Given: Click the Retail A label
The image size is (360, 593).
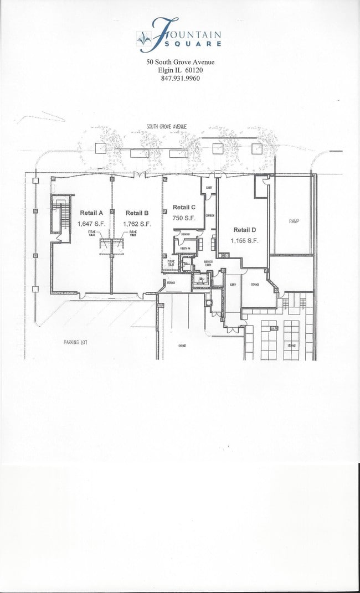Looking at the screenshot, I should tap(92, 213).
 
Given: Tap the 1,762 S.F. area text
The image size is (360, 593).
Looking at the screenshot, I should tap(137, 224).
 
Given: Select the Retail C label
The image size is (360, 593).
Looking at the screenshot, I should tap(184, 207).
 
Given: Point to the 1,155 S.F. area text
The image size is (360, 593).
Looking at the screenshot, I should tap(244, 241).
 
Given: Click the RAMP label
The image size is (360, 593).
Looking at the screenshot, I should tap(294, 221).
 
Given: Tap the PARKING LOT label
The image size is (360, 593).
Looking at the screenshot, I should tap(75, 342).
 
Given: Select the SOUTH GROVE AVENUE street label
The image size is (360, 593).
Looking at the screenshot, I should tap(166, 127).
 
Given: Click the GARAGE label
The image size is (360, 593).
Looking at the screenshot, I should tap(182, 346).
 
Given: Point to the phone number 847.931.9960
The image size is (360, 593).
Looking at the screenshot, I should tap(180, 79).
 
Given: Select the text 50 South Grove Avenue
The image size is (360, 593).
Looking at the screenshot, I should tap(180, 62).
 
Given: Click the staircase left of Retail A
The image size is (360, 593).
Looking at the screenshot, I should tap(58, 218).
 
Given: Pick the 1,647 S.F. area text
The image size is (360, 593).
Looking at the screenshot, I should tap(92, 224).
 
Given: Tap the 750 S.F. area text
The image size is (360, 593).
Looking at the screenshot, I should tap(184, 218).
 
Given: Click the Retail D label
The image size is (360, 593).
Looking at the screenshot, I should tap(244, 230).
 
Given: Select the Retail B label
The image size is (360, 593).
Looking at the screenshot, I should tap(137, 213).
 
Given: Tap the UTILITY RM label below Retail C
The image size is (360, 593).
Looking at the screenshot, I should tap(185, 249).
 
